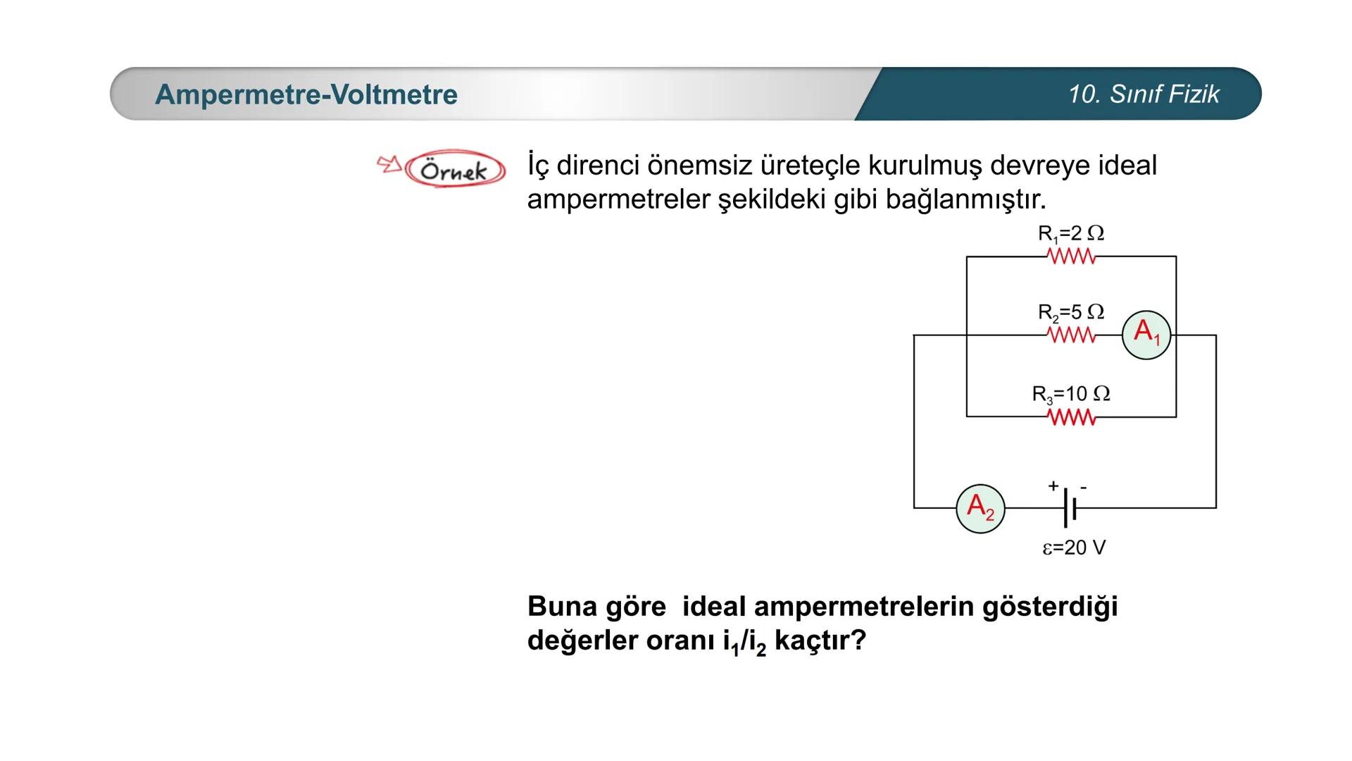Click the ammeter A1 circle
[1146, 335]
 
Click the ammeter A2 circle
[980, 508]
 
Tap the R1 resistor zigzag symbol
[1072, 257]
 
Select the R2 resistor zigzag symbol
[1072, 335]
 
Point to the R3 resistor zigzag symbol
[1072, 417]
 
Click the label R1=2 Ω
[1070, 233]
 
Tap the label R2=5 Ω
[1070, 312]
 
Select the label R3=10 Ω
[1070, 394]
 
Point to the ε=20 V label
[1074, 547]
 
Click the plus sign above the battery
[1053, 485]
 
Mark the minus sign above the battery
[1084, 487]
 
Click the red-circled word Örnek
[454, 170]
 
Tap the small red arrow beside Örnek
[389, 165]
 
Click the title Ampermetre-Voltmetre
[306, 94]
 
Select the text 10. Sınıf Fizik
[1144, 94]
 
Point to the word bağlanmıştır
[965, 199]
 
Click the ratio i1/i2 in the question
[744, 642]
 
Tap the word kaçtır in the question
[819, 641]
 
